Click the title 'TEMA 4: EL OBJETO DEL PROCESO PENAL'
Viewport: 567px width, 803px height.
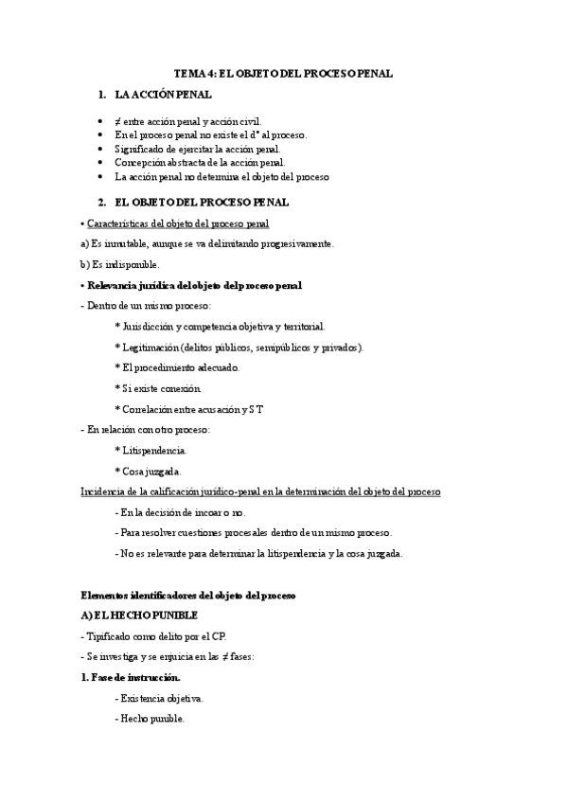coord(283,73)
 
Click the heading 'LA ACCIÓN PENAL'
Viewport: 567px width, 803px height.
coord(163,95)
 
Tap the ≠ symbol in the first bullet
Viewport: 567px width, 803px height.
coord(117,122)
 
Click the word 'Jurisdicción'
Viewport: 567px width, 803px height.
coord(152,326)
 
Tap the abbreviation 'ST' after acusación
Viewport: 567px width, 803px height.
coord(257,409)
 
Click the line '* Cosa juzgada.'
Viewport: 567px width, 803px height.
coord(148,471)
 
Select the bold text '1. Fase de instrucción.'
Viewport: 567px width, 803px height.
coord(131,677)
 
